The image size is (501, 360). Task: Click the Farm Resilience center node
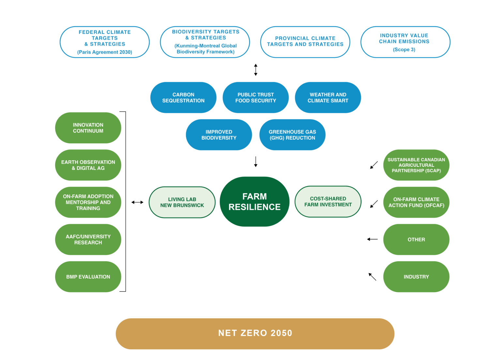coord(254,202)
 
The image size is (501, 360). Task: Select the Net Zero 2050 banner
coord(255,334)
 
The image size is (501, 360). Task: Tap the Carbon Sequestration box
coord(183,98)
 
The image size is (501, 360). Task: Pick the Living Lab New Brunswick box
coord(182,202)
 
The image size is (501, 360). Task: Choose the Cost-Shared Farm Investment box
coord(328,202)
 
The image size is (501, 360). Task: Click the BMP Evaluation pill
coord(88,277)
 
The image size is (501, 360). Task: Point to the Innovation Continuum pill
coord(88,128)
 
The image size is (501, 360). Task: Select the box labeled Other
coord(416,240)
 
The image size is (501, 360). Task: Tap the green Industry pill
coord(416,277)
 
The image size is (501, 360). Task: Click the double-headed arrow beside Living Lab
coord(137,202)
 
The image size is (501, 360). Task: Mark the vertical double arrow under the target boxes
coord(256,70)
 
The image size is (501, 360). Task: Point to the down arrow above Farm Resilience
coord(256,162)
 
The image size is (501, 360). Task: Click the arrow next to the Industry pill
coord(372,277)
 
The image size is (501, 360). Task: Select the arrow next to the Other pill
coord(372,239)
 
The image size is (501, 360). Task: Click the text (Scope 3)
coord(404,49)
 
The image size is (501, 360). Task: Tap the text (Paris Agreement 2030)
coord(105,52)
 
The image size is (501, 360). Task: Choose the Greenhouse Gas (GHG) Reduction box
coord(292,135)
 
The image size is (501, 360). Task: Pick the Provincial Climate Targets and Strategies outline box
coord(305,42)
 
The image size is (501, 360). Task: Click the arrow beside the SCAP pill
coord(374,165)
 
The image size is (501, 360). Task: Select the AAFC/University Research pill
coord(88,240)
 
